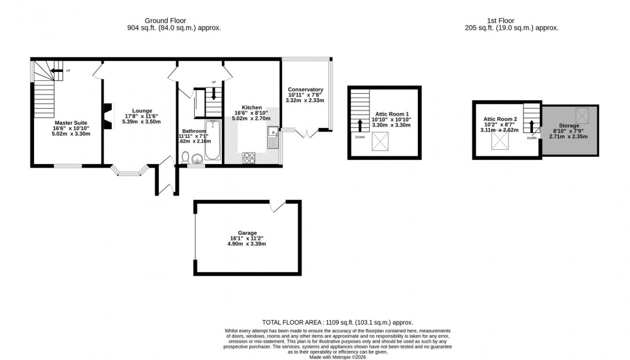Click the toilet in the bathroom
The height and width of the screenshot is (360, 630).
(x=184, y=157)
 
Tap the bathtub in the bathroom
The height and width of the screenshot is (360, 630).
(x=212, y=141)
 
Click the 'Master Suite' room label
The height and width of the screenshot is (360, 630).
(x=71, y=122)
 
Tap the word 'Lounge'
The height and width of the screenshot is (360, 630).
(x=142, y=110)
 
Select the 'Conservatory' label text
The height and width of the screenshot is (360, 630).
(x=305, y=89)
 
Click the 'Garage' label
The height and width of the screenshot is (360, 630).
(x=248, y=233)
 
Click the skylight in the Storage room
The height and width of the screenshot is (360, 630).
(x=584, y=116)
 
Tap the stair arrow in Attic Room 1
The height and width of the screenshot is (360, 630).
(x=359, y=125)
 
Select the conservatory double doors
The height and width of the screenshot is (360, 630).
(x=306, y=134)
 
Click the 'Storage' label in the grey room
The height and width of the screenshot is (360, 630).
(x=568, y=125)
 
